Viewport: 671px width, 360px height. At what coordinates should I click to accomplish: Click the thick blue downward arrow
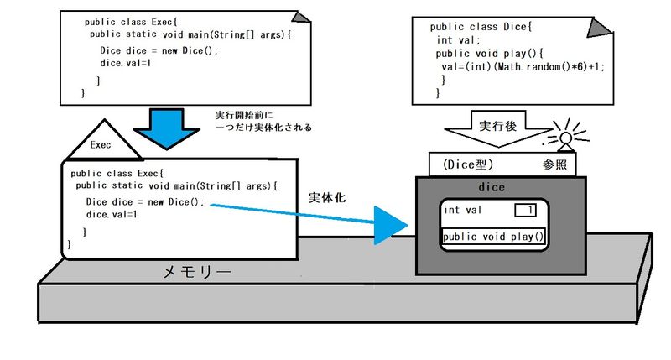[171, 126]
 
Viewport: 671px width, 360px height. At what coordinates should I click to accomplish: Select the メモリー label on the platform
[196, 273]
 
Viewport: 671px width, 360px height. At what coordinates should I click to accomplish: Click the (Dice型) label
[471, 164]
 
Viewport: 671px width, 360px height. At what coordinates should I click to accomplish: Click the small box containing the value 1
[525, 210]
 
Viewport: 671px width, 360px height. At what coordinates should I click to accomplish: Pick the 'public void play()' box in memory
[494, 237]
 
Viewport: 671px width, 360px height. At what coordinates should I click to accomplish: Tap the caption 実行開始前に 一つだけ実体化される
[263, 121]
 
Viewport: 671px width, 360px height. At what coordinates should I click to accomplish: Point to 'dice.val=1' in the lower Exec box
[112, 215]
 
